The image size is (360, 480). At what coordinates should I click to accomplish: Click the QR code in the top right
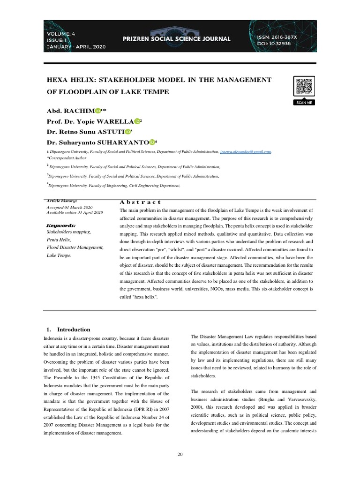(x=303, y=87)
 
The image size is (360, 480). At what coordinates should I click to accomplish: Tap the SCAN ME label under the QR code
(x=303, y=103)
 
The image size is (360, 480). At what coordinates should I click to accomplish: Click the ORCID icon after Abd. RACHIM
(x=98, y=111)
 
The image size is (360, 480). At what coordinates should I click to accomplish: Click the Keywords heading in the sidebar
(x=62, y=225)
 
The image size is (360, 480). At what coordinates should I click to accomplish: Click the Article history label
(x=62, y=201)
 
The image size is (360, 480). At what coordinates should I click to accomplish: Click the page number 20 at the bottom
(x=180, y=455)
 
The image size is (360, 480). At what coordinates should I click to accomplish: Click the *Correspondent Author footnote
(x=68, y=157)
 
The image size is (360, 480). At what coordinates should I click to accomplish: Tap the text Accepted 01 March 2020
(x=69, y=207)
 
